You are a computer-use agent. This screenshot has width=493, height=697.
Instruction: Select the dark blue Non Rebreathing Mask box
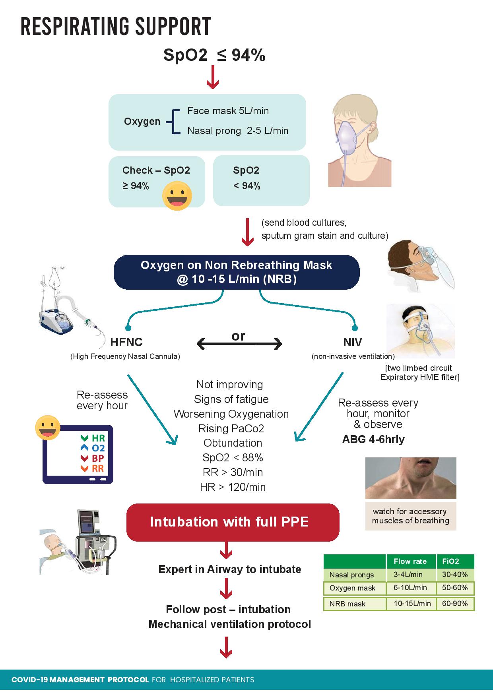click(237, 272)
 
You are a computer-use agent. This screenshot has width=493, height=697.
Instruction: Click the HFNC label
click(126, 342)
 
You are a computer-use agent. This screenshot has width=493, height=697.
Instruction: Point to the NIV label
click(353, 342)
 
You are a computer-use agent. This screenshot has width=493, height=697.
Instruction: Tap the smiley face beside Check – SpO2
click(177, 196)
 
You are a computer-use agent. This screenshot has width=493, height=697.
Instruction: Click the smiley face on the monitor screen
click(48, 428)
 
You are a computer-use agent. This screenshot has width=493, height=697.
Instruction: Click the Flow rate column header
click(410, 561)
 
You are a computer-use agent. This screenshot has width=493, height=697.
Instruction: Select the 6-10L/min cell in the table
click(410, 588)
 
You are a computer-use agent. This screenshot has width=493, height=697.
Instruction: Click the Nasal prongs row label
click(351, 575)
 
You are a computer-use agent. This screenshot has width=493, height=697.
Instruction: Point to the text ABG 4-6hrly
click(373, 439)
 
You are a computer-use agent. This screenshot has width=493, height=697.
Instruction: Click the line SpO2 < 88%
click(233, 458)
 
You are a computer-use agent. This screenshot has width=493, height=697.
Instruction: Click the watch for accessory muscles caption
click(410, 516)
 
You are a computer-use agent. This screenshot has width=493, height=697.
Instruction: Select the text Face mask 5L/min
click(228, 111)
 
